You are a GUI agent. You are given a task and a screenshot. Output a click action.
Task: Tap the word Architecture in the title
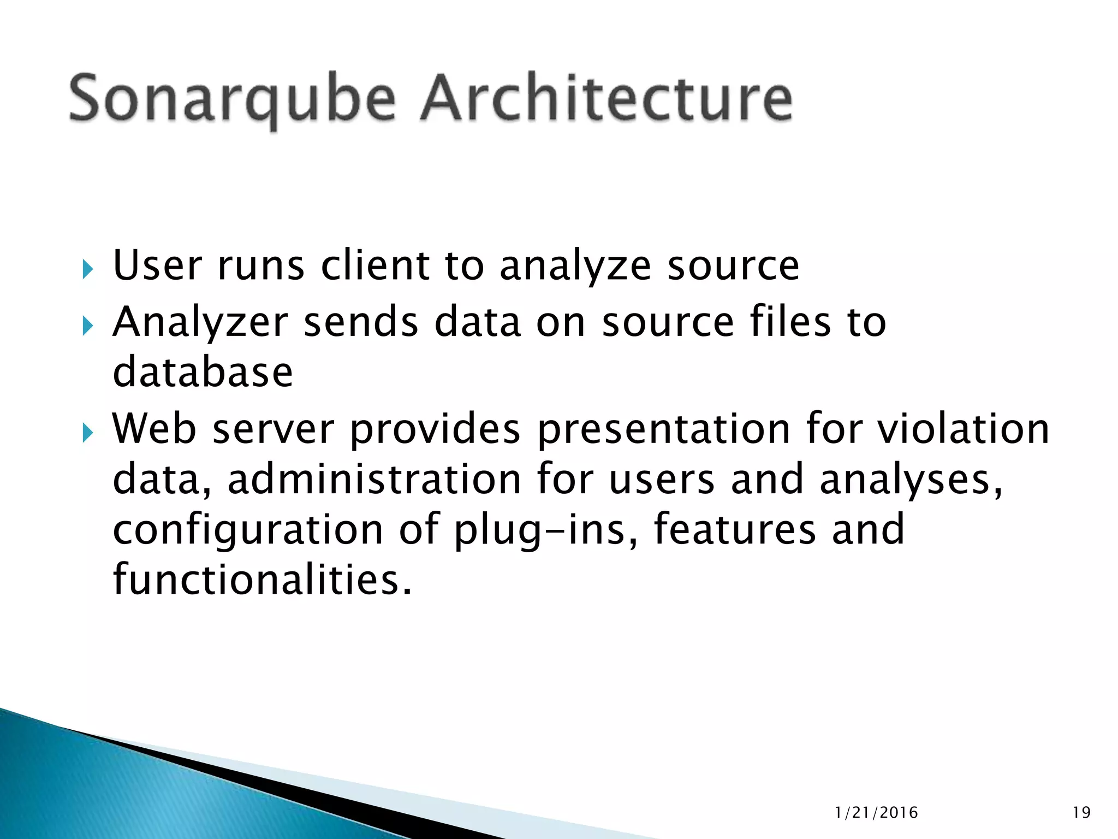[606, 98]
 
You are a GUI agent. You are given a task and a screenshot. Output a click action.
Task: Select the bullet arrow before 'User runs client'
[87, 269]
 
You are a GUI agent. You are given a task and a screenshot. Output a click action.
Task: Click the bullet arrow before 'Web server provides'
[87, 433]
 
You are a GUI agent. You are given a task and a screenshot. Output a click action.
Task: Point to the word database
[203, 372]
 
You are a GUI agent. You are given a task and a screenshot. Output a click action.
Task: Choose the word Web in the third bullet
[154, 429]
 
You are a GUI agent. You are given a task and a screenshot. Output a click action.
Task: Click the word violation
[964, 429]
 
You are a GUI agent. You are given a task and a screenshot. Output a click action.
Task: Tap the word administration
[374, 479]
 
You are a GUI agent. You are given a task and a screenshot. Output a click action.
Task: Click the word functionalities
[261, 579]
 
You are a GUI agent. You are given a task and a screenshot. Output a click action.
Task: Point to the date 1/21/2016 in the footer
[877, 813]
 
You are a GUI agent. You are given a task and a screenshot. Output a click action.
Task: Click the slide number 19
[1081, 813]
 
